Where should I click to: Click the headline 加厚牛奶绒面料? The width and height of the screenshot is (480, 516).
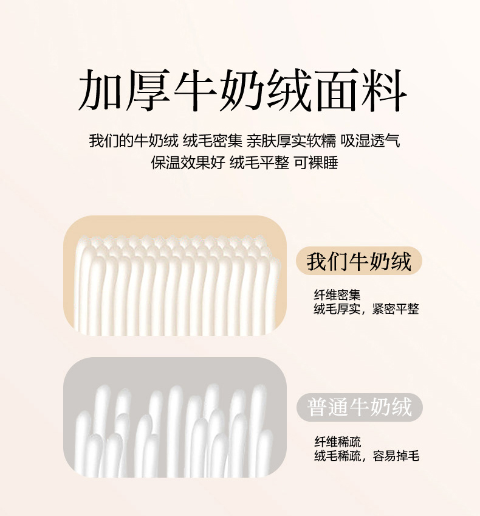point(242,90)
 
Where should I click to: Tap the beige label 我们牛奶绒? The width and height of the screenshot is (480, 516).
point(358,262)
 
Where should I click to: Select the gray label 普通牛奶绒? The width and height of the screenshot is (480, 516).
point(360,407)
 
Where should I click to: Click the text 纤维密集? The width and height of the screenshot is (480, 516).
point(337,295)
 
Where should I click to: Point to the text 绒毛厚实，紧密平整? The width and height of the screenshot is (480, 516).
point(366,309)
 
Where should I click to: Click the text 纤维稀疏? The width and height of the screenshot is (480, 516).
point(338,442)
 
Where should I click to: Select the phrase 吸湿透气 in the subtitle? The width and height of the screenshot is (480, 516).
point(370,141)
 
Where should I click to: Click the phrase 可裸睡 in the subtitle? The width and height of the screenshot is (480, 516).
point(316,162)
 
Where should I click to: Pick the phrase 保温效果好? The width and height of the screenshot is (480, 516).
point(188,162)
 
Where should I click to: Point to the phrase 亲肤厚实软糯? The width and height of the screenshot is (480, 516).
point(292,141)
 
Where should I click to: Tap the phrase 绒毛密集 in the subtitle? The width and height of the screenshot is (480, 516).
point(213,141)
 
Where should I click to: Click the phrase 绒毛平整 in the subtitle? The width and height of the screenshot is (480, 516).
point(259,162)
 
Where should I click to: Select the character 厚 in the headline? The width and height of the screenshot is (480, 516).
point(148,90)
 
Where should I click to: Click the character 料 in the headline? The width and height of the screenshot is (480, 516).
point(385,90)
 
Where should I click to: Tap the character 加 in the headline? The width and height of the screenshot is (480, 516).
point(101,90)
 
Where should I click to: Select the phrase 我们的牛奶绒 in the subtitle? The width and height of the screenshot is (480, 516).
point(134,141)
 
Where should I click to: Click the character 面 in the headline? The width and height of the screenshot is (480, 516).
point(337,90)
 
